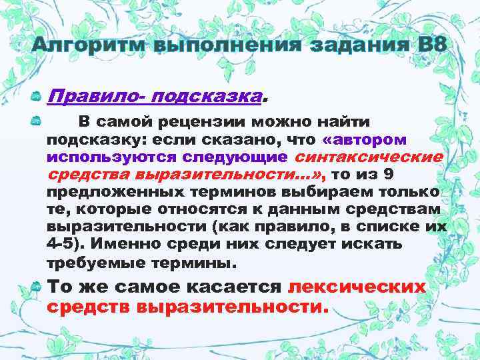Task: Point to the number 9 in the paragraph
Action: (435, 175)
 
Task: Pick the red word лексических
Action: (357, 287)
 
